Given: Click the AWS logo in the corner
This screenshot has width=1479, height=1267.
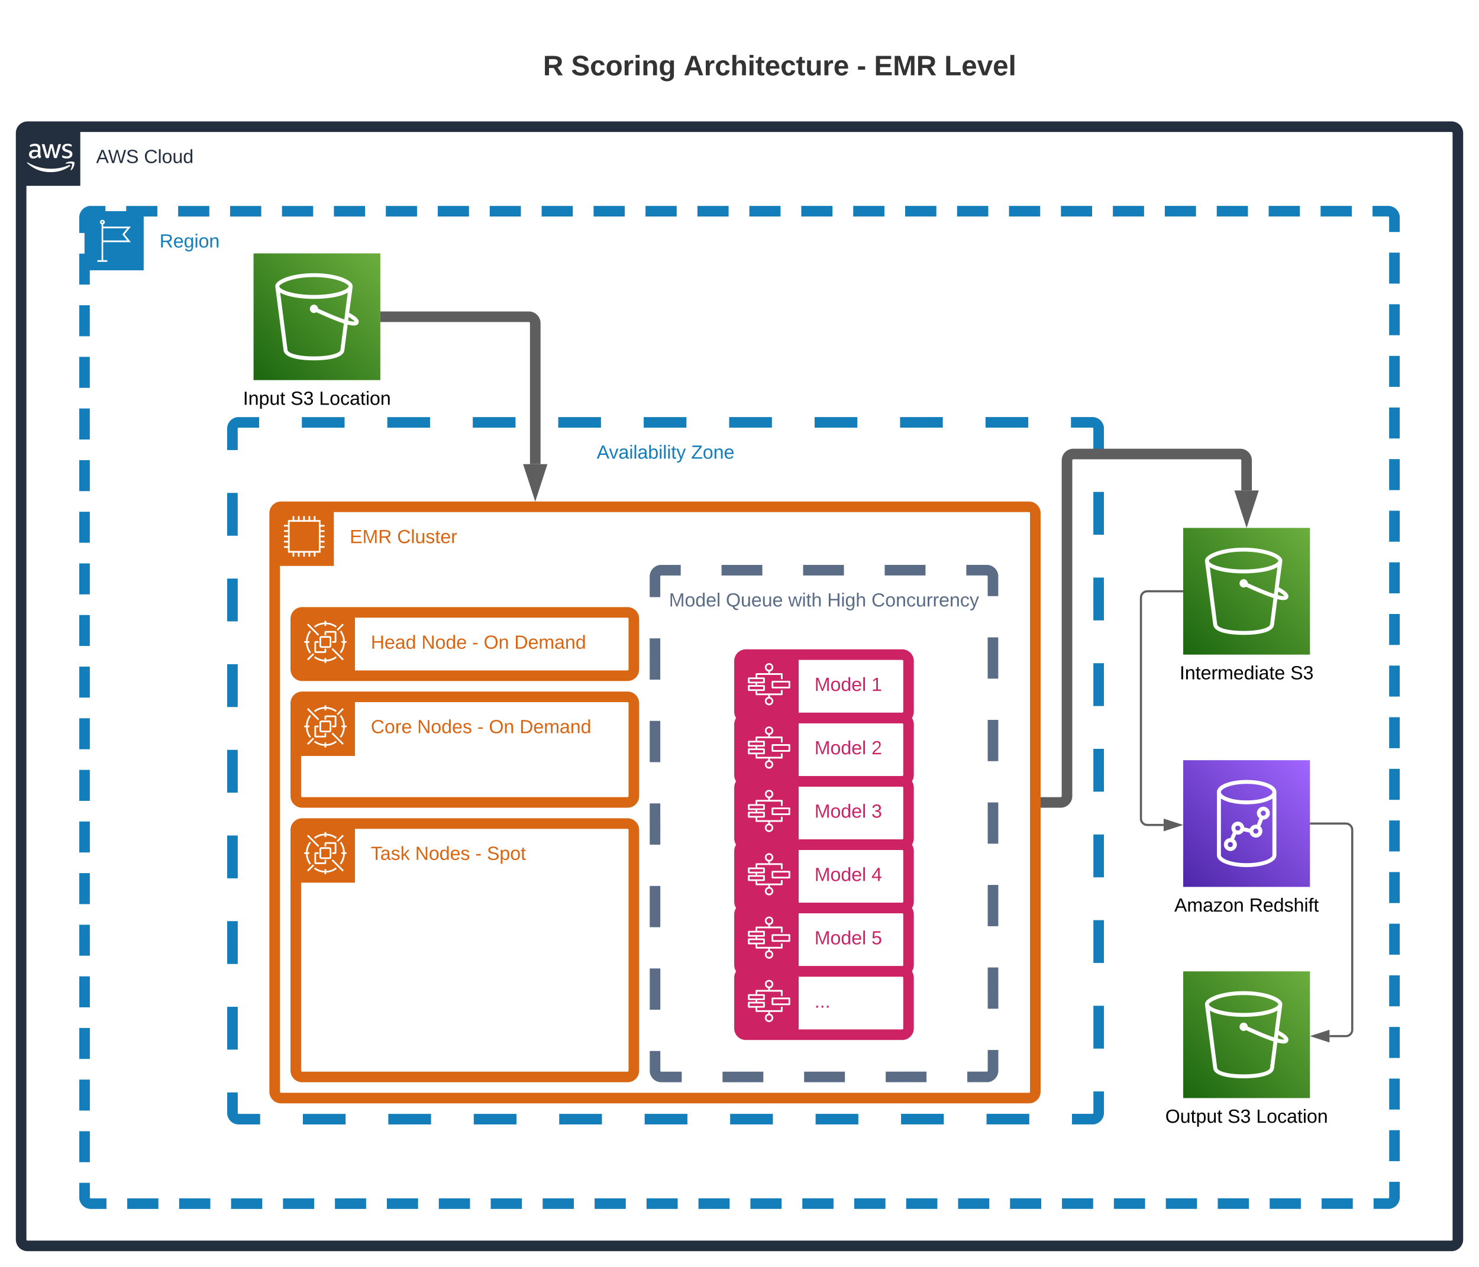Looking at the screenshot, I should click(x=50, y=156).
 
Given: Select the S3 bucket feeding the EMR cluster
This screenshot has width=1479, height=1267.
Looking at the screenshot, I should click(x=317, y=316).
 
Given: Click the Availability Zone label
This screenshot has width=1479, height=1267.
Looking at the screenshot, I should click(x=664, y=452).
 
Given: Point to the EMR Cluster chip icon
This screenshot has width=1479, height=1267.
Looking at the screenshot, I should click(x=305, y=536).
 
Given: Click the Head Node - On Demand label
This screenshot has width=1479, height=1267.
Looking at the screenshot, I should click(x=477, y=642).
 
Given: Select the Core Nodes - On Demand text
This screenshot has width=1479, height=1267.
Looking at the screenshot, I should click(x=480, y=726).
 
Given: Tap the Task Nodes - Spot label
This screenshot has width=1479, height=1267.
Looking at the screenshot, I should click(x=448, y=854).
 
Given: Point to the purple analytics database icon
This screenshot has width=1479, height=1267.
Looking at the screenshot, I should click(x=1247, y=824).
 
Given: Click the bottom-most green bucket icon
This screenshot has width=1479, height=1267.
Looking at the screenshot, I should click(x=1247, y=1035).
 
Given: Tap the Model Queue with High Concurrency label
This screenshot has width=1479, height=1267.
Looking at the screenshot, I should click(x=823, y=600).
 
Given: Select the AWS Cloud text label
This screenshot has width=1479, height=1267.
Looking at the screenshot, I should click(x=144, y=157).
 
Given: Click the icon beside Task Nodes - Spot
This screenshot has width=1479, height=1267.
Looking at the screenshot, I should click(x=325, y=853).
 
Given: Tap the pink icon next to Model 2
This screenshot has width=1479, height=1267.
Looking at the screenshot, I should click(x=768, y=747).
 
